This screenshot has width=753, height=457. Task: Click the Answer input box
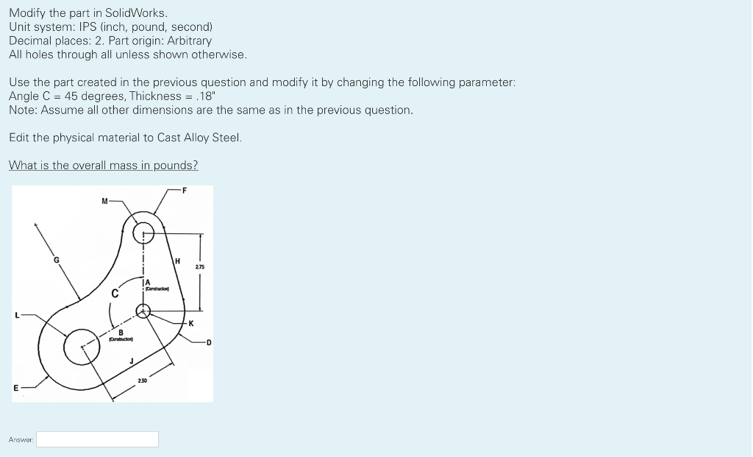[x=98, y=439]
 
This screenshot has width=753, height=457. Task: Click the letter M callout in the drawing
[x=105, y=199]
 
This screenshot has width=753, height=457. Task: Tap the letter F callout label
[x=185, y=191]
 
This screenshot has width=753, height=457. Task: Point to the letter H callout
[x=176, y=261]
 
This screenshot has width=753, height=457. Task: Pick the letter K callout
[x=190, y=323]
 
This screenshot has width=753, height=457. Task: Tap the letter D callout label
[x=208, y=342]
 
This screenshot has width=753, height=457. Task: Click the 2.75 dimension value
[x=200, y=266]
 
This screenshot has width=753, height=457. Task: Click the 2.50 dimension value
[x=143, y=380]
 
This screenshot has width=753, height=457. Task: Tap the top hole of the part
[x=143, y=235]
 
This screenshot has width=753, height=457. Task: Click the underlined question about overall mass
[x=103, y=165]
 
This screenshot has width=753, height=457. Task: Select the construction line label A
[x=148, y=283]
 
